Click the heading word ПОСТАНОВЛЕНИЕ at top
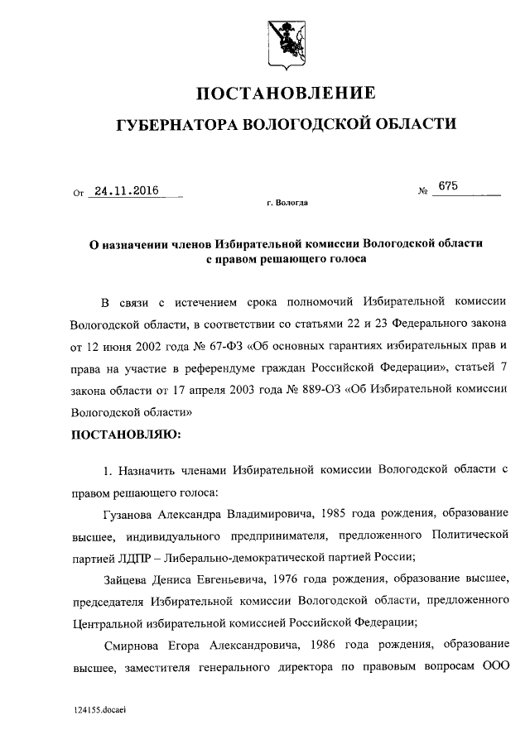286,92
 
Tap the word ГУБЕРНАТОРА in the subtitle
175,125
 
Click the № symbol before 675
423,193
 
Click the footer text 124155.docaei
99,710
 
